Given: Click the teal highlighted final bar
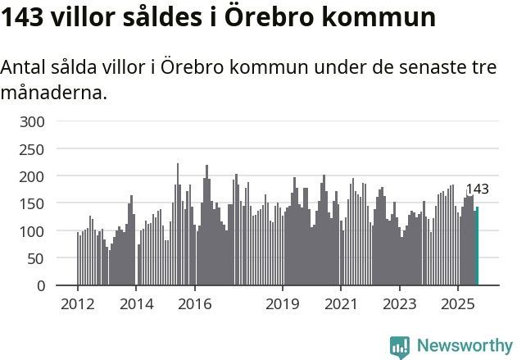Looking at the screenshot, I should [477, 246].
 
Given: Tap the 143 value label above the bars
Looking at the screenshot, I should [477, 189].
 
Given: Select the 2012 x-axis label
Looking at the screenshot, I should [78, 304].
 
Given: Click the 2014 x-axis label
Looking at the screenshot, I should [137, 304].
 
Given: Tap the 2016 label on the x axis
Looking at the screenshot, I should [195, 304].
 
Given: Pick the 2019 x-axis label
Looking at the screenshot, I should [283, 304].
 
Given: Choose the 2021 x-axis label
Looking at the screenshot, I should [341, 304].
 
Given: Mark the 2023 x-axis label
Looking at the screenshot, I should [400, 304].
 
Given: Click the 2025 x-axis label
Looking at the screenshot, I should [458, 304].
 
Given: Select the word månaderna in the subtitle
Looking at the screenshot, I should [54, 93].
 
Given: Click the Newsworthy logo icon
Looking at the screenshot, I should [400, 346].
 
